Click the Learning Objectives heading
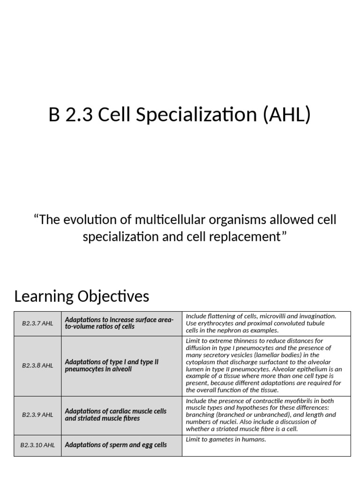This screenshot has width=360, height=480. (x=82, y=296)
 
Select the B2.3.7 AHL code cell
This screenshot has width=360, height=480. (x=37, y=323)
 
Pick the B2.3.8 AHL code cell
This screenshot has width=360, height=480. (x=37, y=366)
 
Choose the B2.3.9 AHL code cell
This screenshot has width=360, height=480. (x=37, y=415)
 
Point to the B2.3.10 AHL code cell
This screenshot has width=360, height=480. (x=37, y=445)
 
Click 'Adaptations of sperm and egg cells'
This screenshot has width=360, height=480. (x=116, y=445)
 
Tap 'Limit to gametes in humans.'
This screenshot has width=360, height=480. (x=226, y=439)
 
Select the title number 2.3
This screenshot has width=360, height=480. (x=77, y=115)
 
